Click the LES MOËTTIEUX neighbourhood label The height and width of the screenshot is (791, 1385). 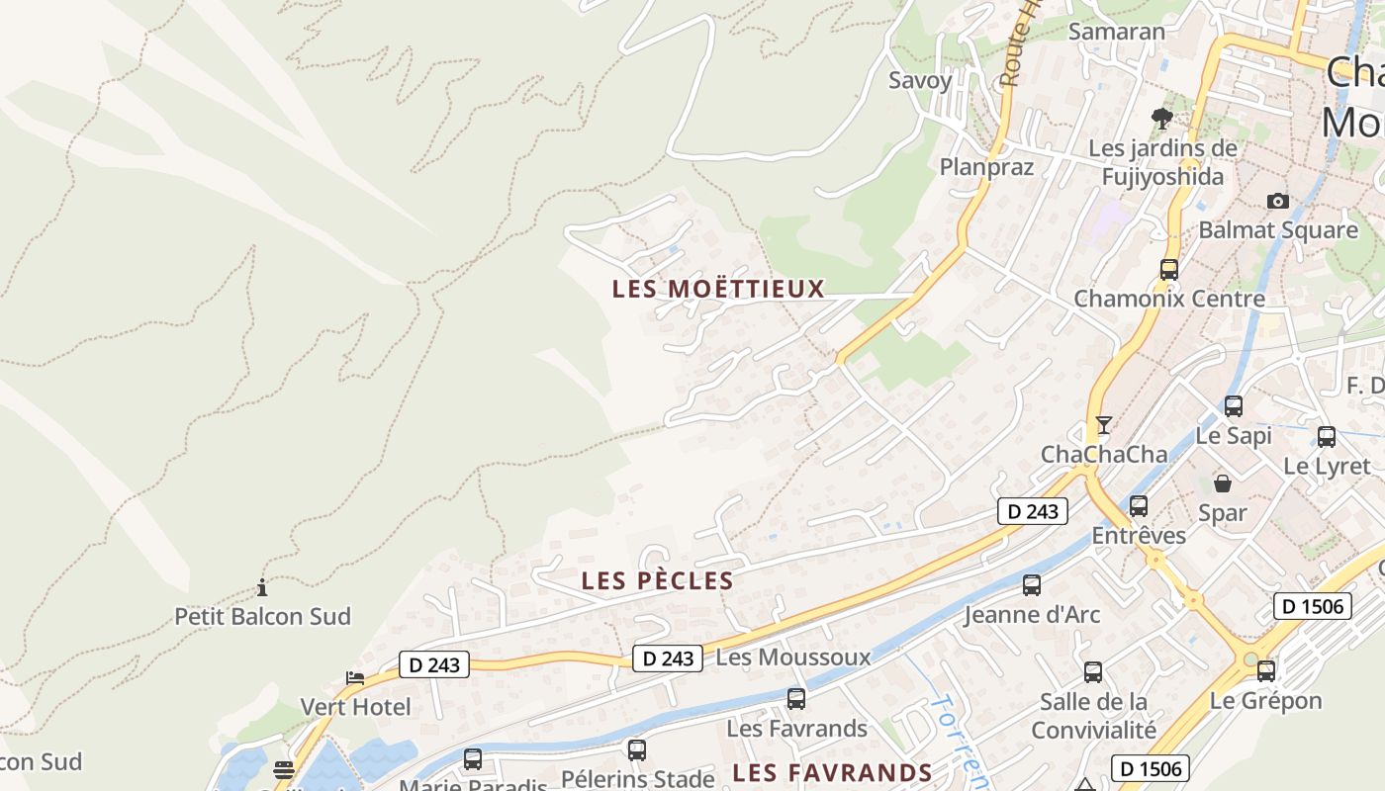(718, 289)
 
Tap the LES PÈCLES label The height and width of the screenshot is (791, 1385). (658, 580)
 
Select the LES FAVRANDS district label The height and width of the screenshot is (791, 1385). (832, 772)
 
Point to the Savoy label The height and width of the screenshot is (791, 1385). (920, 80)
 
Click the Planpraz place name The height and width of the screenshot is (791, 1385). (986, 166)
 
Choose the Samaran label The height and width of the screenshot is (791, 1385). (1117, 31)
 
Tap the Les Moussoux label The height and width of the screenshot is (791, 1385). (793, 657)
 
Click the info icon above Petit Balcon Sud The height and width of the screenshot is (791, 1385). (262, 588)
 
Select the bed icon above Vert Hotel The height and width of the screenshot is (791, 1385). (355, 678)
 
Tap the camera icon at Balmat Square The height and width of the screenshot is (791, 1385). (1278, 202)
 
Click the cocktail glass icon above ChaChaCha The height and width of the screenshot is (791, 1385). (1104, 425)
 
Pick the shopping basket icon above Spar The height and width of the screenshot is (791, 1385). (1223, 483)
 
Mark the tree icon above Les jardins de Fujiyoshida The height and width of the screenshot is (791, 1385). (1162, 119)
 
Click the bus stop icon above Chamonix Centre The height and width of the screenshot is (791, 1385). (1169, 269)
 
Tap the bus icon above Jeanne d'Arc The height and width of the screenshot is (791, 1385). (1032, 584)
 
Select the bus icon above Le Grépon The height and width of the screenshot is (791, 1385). (1265, 671)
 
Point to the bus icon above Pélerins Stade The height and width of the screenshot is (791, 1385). (637, 749)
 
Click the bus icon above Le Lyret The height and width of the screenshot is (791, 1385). (1327, 436)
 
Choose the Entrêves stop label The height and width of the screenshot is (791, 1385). (1139, 535)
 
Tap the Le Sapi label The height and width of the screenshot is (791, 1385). (1234, 435)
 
